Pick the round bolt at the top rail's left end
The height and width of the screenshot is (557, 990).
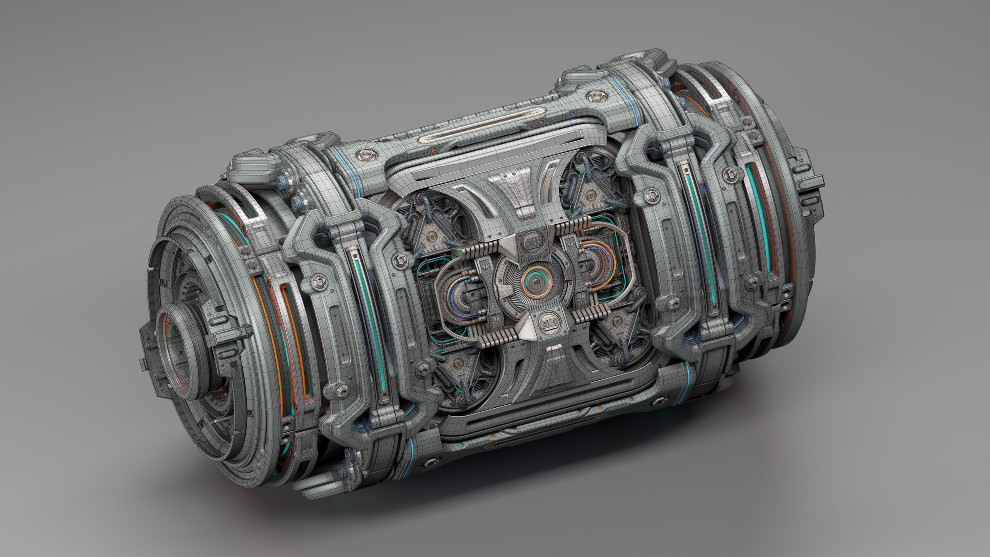tap(365, 155)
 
